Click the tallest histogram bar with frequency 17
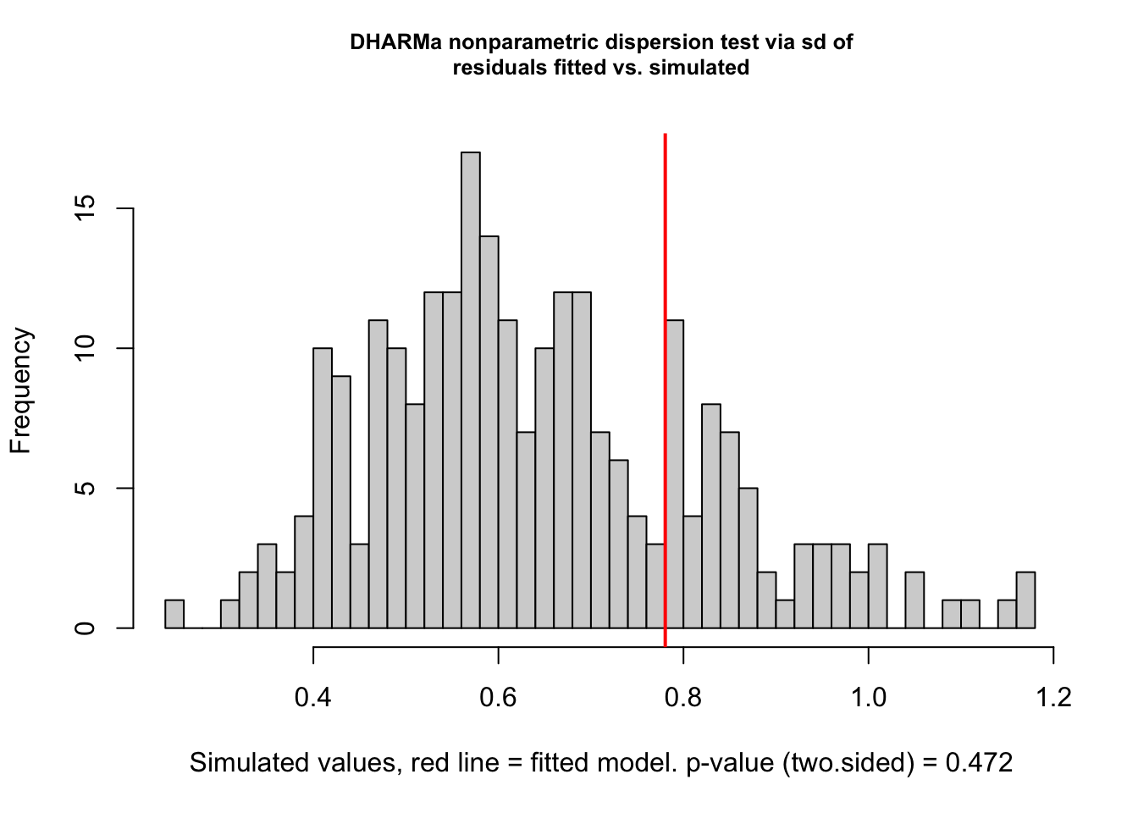coord(471,390)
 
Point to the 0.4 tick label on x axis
coord(313,697)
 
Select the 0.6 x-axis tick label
coord(498,697)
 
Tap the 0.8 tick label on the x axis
coord(683,697)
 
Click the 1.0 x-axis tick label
coord(868,697)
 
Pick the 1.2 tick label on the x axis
coord(1053,697)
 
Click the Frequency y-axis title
coord(20,390)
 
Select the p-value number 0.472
coord(979,763)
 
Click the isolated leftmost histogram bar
coord(174,614)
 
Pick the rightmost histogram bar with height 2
coord(1025,600)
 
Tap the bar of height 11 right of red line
coord(675,474)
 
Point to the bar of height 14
coord(489,432)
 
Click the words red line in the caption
coord(455,763)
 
